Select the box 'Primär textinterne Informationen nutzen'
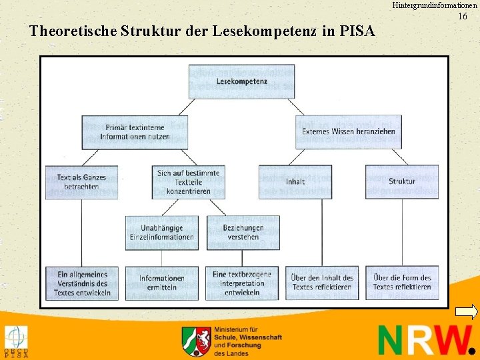135,132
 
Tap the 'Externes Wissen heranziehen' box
348,131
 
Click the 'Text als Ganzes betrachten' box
81,182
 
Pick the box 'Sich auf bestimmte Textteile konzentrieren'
188,182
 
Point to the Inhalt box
295,181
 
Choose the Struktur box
401,181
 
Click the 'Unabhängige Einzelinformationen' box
161,233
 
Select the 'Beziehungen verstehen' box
243,233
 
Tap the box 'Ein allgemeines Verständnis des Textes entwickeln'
81,283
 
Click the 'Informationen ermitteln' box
161,283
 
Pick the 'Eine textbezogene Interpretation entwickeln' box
243,283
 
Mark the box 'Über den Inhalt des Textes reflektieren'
322,283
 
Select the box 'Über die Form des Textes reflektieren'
402,283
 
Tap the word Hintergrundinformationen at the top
434,5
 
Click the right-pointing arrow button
467,311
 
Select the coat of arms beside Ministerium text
196,341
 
